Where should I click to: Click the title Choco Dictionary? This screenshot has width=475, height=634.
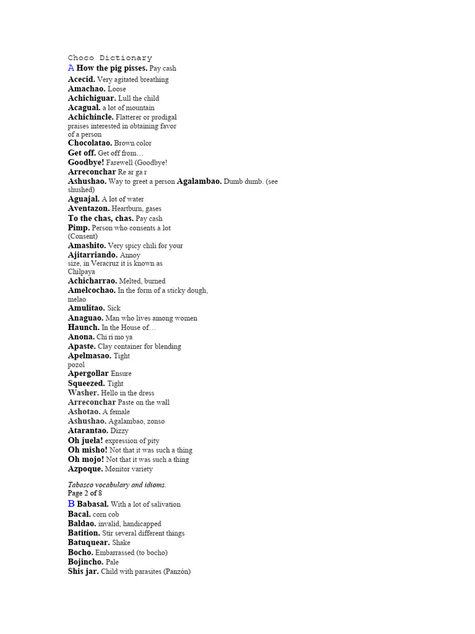pos(109,58)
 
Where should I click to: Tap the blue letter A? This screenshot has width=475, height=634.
pos(71,67)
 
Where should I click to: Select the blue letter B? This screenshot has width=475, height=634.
pos(71,504)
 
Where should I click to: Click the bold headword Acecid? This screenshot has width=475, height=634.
pos(82,79)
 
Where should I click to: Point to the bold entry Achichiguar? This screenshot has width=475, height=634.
pos(92,98)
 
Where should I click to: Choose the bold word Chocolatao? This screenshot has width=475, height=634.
pos(90,143)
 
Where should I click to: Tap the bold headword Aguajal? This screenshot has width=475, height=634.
pos(83,199)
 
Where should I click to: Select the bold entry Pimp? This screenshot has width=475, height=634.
pos(79,228)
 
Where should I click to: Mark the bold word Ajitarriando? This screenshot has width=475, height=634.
pos(92,254)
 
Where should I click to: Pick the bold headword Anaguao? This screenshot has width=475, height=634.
pos(86,318)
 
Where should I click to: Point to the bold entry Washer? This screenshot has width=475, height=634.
pos(83,393)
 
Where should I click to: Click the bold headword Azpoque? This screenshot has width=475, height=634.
pos(85,469)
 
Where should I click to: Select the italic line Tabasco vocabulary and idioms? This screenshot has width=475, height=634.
pos(117,484)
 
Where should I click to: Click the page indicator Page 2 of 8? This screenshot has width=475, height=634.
pos(85,493)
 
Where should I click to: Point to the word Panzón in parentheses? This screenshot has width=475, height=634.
pos(177,571)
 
